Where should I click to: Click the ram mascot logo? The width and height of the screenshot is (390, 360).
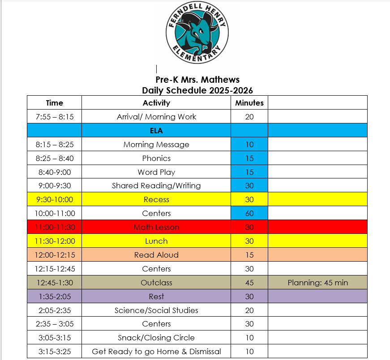coord(197,34)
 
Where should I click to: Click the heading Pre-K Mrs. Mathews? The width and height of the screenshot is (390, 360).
coord(197,80)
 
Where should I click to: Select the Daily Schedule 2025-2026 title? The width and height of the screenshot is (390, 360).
coord(197,90)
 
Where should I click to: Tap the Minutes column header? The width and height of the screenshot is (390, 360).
coord(249,103)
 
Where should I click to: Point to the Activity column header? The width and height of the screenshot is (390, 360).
coord(156,103)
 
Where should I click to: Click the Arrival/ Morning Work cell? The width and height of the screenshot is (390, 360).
coord(156,117)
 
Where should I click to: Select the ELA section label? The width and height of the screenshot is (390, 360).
coord(156,131)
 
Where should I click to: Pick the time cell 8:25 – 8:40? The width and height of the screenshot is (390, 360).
coord(54,158)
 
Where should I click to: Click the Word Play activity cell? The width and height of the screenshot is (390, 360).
coord(156,172)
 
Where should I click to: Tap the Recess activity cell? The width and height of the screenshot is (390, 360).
coord(156,199)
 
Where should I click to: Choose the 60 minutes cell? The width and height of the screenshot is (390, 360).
coord(249,213)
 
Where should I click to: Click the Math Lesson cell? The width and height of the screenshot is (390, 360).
coord(156,227)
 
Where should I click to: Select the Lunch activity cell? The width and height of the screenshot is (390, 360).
coord(156,241)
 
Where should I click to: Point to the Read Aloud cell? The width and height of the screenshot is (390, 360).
coord(156,255)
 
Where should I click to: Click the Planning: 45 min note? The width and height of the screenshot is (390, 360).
coord(317,283)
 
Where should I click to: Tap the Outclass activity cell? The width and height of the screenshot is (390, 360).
coord(156,283)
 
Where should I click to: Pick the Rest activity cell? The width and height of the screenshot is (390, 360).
coord(156,296)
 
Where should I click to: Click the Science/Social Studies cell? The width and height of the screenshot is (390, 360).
coord(156,310)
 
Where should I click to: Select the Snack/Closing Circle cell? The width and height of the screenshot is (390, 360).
coord(156,338)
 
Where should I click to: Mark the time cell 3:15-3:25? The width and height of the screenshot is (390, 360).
coord(54,352)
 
